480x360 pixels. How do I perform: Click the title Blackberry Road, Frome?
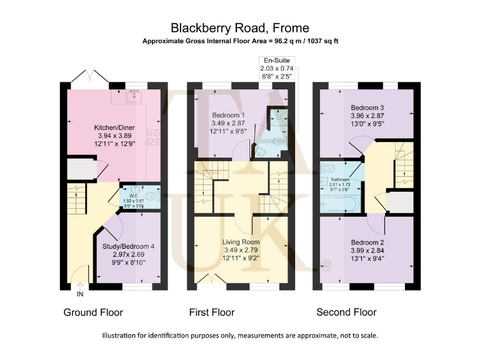click(x=240, y=28)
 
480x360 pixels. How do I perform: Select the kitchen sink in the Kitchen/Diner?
click(x=132, y=96)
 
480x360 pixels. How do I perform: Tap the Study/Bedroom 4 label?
click(x=128, y=246)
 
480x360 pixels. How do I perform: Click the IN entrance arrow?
click(x=79, y=289)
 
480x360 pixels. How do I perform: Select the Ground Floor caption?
click(x=93, y=312)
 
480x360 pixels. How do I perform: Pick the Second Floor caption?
click(x=346, y=312)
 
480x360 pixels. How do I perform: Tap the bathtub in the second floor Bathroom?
click(x=340, y=203)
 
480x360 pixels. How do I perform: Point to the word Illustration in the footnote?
click(x=121, y=336)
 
